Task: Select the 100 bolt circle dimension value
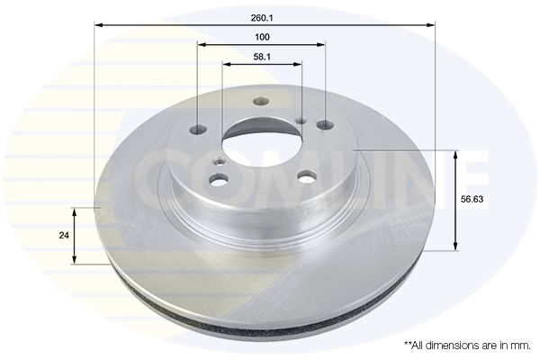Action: (x=262, y=37)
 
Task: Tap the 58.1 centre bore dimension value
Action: (x=262, y=57)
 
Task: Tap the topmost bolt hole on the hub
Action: (x=261, y=102)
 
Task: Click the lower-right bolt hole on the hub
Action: (x=306, y=177)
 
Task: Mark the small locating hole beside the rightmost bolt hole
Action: (x=301, y=117)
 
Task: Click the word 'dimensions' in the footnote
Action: (x=454, y=345)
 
